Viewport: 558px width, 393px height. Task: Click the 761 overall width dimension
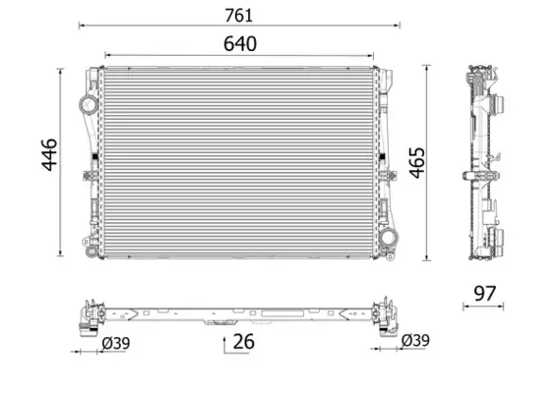pyautogui.click(x=238, y=14)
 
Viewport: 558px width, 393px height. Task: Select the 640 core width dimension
pyautogui.click(x=238, y=44)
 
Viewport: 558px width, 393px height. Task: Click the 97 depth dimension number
pyautogui.click(x=483, y=293)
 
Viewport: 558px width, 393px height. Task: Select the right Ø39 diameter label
pyautogui.click(x=416, y=341)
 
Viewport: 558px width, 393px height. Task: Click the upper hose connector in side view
pyautogui.click(x=502, y=105)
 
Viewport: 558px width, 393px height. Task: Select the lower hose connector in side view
pyautogui.click(x=502, y=239)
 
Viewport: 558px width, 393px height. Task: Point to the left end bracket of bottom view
pyautogui.click(x=92, y=311)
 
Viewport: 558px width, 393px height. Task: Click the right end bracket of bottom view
pyautogui.click(x=385, y=311)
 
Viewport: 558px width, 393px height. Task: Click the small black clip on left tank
pyautogui.click(x=93, y=159)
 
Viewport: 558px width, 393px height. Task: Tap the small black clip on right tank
pyautogui.click(x=384, y=159)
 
